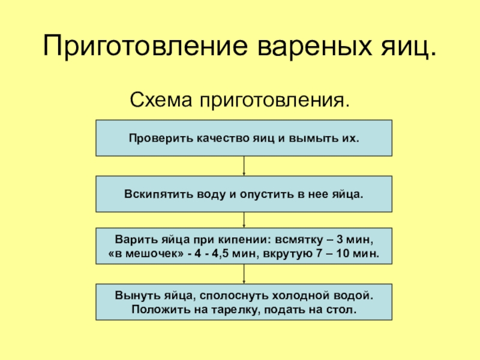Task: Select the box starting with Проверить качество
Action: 244,138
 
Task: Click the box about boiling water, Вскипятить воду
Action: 244,194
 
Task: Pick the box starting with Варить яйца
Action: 244,246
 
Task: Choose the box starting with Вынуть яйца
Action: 244,302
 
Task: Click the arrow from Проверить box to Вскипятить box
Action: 244,166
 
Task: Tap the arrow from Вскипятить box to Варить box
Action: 244,220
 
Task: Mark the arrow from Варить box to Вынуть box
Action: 244,274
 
